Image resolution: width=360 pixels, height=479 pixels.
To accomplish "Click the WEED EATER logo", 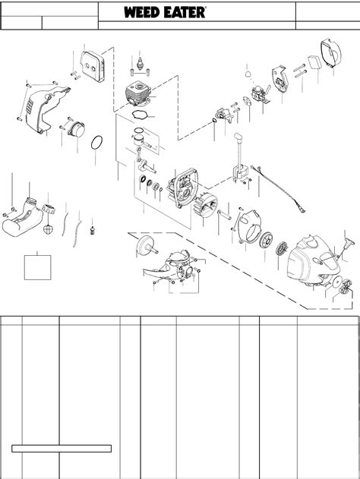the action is coord(165,12).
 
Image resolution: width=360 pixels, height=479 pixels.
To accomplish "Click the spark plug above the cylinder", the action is coord(140,64).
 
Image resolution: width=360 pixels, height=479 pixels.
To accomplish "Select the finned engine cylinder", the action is coord(139,93).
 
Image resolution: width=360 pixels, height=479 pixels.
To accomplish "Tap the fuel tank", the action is coord(23,218).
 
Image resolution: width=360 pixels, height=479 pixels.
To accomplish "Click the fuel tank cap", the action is coord(49,209).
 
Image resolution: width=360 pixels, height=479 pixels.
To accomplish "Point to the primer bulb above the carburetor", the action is coord(248,74).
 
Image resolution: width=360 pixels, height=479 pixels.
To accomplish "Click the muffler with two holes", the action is coord(93,67).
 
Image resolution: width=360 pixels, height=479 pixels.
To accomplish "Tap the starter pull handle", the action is coord(348,244).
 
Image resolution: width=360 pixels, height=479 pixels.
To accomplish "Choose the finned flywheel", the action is coord(206,206).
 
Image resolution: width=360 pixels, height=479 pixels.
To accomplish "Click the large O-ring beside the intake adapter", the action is coord(96,143).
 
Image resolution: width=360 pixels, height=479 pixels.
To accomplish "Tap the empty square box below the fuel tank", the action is coord(37,268).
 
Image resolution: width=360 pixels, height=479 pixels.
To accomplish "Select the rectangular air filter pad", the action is coord(314,62).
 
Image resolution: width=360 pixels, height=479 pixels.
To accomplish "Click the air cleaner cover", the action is coord(331,54).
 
